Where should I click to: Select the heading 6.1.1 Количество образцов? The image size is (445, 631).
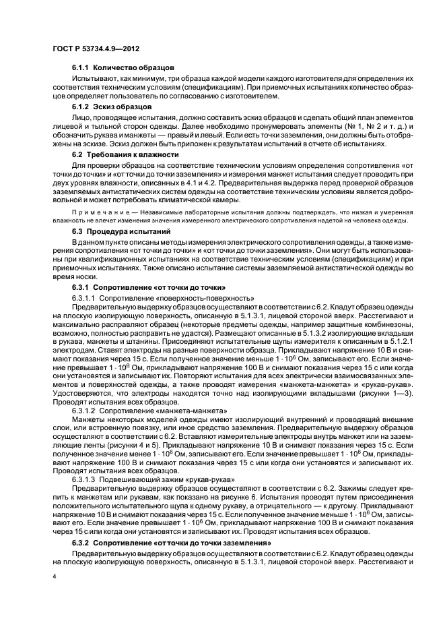point(123,67)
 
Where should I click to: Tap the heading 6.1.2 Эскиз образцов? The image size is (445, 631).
point(112,107)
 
